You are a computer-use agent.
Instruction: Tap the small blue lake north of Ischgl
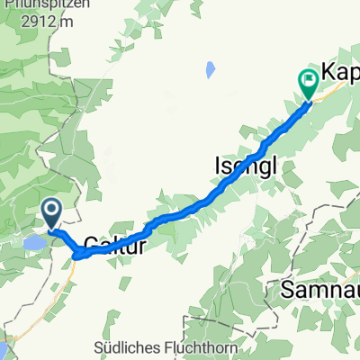(x=210, y=69)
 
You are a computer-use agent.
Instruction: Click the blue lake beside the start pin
(x=33, y=243)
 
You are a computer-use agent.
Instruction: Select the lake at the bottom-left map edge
(x=3, y=349)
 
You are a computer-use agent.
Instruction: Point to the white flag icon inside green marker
(x=308, y=80)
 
